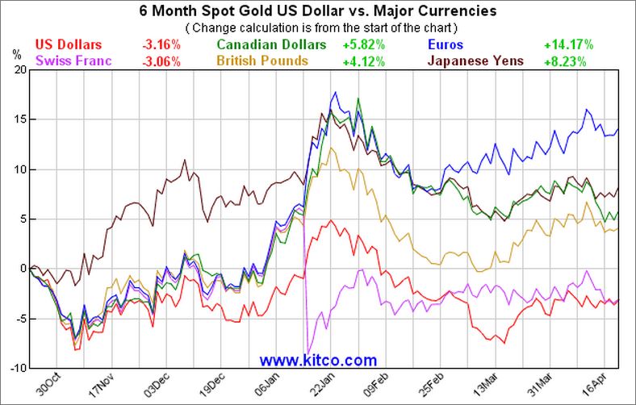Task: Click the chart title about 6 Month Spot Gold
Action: coord(317,11)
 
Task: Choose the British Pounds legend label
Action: coord(262,61)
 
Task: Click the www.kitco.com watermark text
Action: coord(318,360)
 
